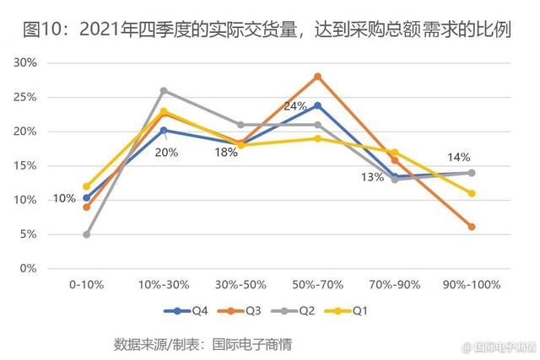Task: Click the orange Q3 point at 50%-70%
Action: point(318,77)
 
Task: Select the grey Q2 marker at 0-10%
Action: point(87,234)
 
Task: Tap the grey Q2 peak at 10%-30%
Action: point(164,90)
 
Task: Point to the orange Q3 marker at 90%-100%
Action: point(472,227)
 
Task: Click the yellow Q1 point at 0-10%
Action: point(87,186)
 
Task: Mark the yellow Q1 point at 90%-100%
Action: point(472,193)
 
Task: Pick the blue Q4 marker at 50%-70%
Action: point(318,105)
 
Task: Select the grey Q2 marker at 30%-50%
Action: point(240,125)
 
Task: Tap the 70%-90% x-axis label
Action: point(394,285)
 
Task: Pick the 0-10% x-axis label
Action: point(86,285)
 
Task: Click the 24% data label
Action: point(294,106)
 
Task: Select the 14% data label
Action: point(458,157)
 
